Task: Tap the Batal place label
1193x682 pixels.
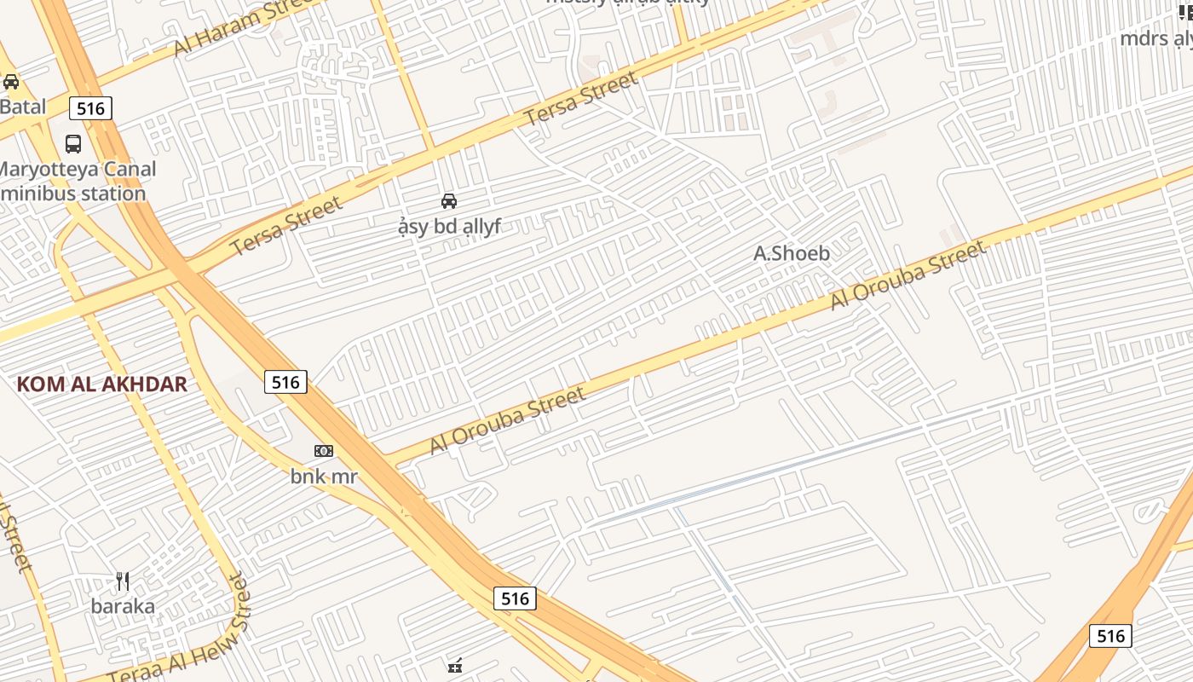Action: point(22,107)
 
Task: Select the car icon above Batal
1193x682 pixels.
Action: point(11,82)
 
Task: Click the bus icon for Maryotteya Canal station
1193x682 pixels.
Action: point(73,143)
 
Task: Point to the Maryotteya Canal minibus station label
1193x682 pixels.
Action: point(77,181)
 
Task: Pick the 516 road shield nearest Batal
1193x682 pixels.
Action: point(90,108)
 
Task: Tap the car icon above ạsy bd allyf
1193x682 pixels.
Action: point(449,201)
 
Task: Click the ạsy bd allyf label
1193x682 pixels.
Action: point(449,227)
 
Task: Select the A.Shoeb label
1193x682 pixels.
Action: point(792,253)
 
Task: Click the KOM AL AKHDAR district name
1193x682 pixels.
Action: point(101,384)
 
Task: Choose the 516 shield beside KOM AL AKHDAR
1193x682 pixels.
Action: point(285,382)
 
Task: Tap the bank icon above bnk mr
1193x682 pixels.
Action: point(324,451)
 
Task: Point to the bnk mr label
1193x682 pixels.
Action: point(324,476)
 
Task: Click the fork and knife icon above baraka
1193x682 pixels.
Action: point(123,581)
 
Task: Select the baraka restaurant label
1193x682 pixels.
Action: point(123,606)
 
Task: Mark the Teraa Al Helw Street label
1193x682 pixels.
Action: point(179,631)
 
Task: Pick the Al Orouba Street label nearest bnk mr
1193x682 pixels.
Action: point(507,420)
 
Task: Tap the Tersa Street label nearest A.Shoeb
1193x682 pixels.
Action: point(581,100)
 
